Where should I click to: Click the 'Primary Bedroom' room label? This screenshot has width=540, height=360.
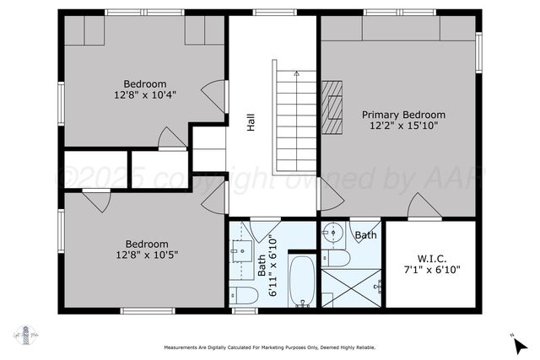[x=403, y=114]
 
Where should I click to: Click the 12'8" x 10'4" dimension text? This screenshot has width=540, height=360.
[x=145, y=95]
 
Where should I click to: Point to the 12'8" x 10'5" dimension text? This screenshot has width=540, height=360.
[x=147, y=255]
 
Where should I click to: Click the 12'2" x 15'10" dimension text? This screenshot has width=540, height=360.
[x=403, y=125]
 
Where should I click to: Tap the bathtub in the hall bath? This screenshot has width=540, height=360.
[x=301, y=282]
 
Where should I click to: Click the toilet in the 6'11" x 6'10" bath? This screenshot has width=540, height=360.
[x=245, y=294]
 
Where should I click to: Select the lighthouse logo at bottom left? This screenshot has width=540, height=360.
[x=25, y=333]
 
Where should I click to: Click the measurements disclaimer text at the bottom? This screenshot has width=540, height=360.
[x=270, y=348]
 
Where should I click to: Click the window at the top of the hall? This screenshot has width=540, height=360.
[x=269, y=12]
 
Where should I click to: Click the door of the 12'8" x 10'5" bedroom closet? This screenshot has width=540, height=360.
[x=96, y=201]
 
